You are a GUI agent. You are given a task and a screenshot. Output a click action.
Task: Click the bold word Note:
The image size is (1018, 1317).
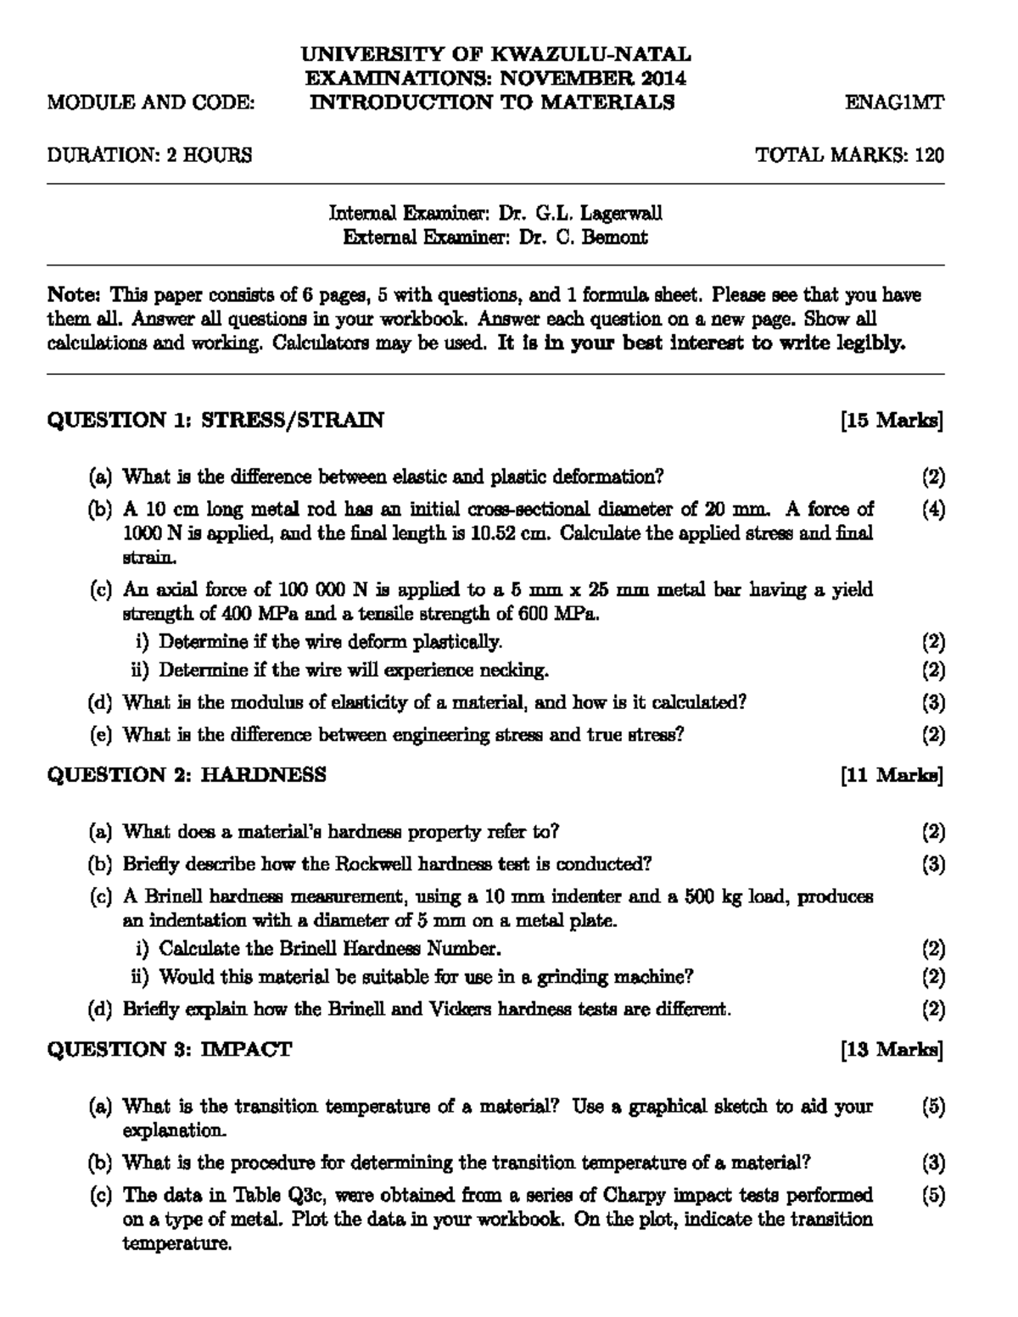(75, 295)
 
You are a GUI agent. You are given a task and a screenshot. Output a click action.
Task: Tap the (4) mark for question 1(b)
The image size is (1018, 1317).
(933, 510)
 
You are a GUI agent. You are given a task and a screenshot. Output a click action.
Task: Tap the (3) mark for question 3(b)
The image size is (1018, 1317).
(933, 1163)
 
